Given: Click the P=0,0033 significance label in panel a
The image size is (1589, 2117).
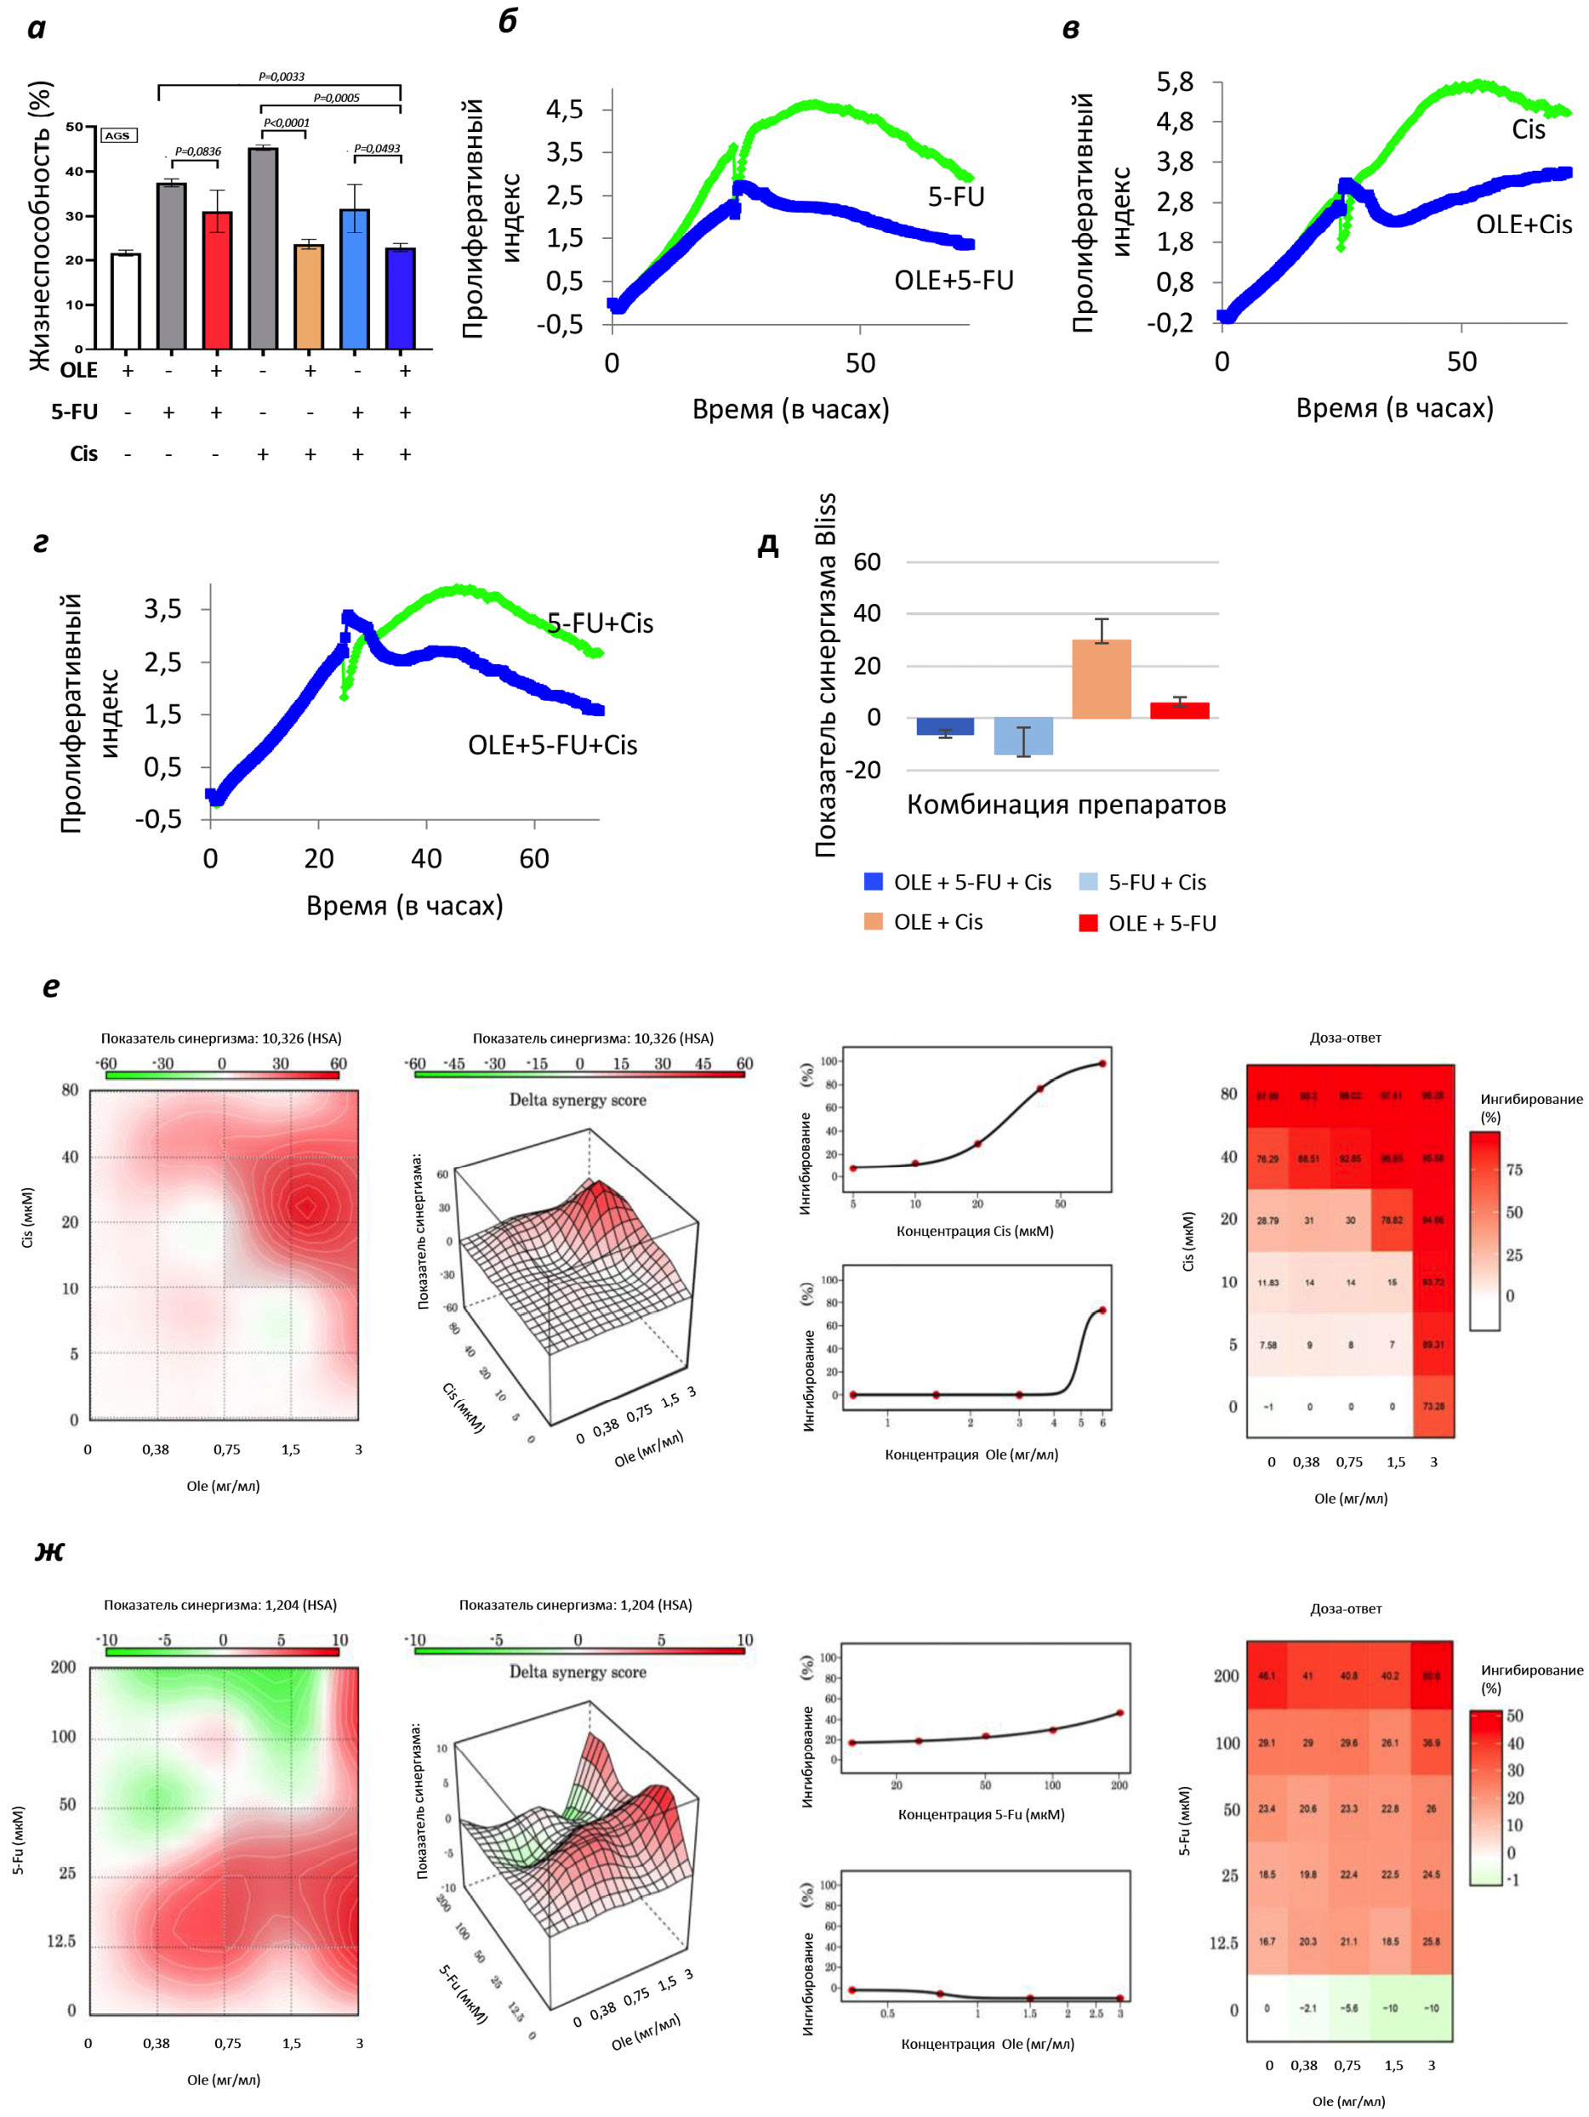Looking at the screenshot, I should pyautogui.click(x=282, y=77).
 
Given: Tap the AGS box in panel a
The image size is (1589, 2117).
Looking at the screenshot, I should pyautogui.click(x=117, y=136).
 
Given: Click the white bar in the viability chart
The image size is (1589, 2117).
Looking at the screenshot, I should pyautogui.click(x=125, y=300).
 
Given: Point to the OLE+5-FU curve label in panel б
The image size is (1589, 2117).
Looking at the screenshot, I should pyautogui.click(x=954, y=281).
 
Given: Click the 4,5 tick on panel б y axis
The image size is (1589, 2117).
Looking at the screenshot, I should pyautogui.click(x=565, y=109).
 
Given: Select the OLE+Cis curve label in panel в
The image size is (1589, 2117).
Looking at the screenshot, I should pyautogui.click(x=1523, y=225).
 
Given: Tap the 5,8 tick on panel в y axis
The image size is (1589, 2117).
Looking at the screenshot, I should pyautogui.click(x=1175, y=83).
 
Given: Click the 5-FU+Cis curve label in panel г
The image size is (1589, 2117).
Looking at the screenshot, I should pyautogui.click(x=601, y=624).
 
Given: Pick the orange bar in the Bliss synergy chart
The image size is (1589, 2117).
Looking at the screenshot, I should pyautogui.click(x=1101, y=680).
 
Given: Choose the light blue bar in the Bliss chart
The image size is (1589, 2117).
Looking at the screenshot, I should pyautogui.click(x=1023, y=736).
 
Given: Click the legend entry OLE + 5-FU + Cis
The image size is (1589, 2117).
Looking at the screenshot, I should pyautogui.click(x=971, y=882).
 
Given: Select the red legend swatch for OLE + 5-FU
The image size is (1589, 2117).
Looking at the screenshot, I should pyautogui.click(x=1088, y=924).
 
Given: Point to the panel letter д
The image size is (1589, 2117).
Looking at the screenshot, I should pyautogui.click(x=767, y=544).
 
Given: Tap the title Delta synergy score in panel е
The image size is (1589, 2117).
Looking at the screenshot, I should pyautogui.click(x=578, y=1100).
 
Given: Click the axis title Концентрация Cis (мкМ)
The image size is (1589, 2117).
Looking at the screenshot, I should pyautogui.click(x=975, y=1231).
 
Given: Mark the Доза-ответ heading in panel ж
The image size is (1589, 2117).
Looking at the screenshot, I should pyautogui.click(x=1345, y=1609).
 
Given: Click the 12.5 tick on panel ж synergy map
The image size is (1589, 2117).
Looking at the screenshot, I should pyautogui.click(x=61, y=1941).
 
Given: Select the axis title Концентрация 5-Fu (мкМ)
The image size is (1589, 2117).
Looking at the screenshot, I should pyautogui.click(x=980, y=1814).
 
